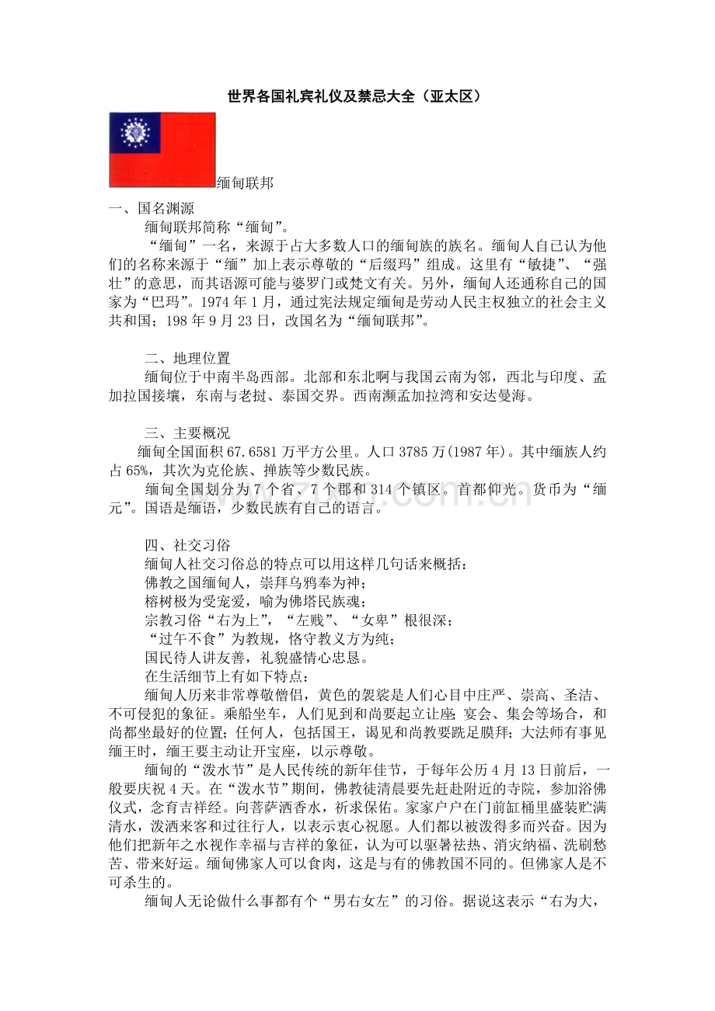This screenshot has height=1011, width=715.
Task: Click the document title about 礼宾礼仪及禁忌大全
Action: pos(358,97)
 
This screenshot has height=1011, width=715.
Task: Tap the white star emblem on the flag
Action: pos(135,132)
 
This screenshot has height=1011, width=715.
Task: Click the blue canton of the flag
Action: pos(135,132)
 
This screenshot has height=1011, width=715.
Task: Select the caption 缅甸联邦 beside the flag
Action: pos(245,183)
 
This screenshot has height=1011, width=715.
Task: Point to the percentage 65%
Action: pos(138,471)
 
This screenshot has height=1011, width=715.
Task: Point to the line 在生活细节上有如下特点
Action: pos(217,676)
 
